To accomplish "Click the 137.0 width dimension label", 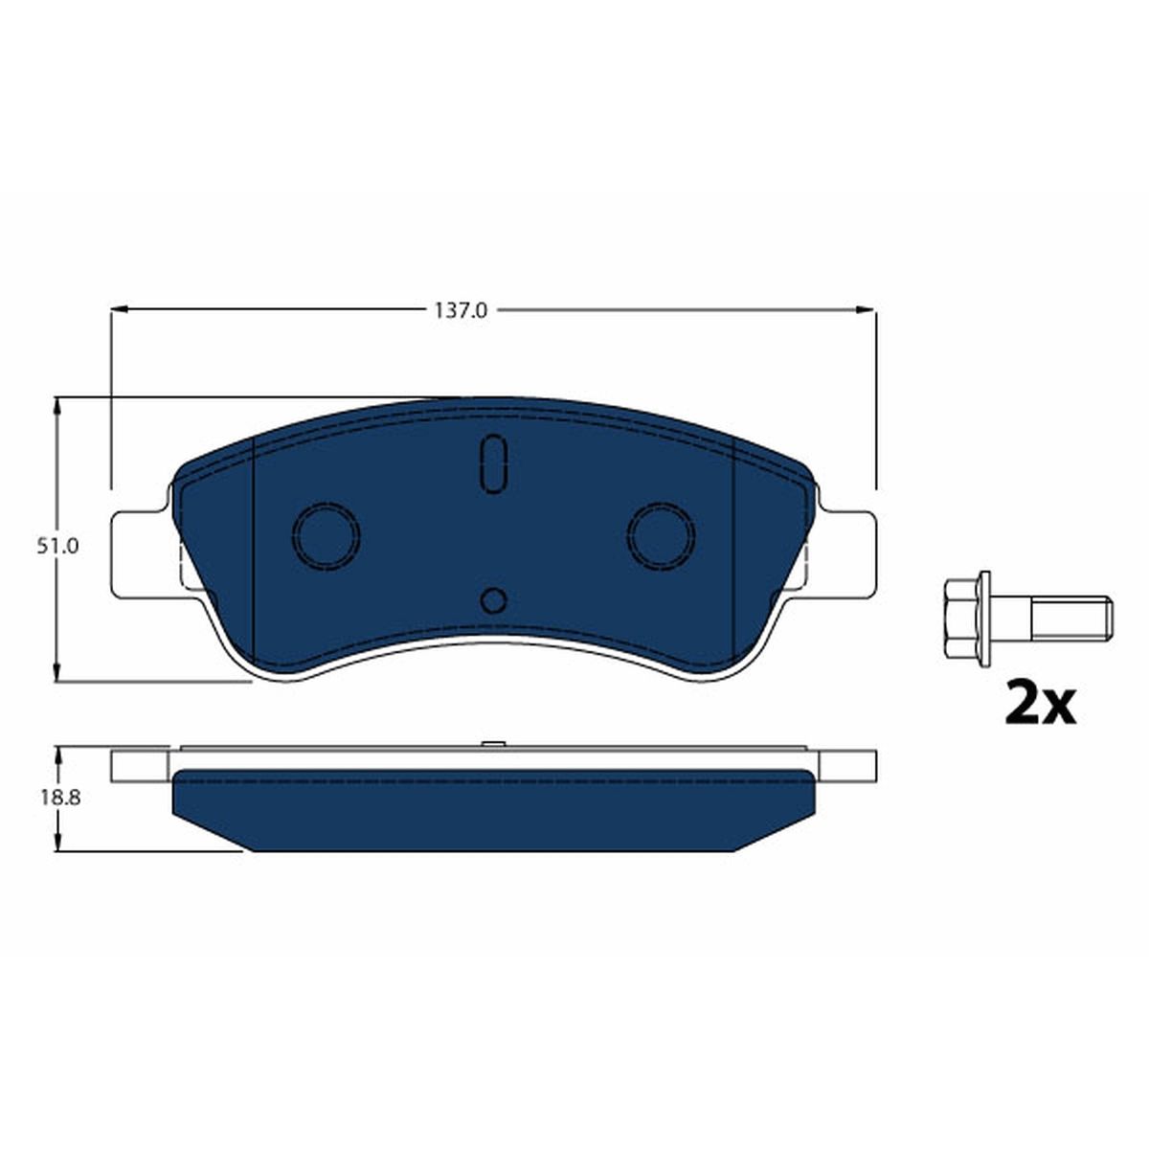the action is [x=460, y=310].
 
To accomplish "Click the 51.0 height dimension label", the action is [x=57, y=546].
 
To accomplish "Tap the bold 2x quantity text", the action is [x=1040, y=704].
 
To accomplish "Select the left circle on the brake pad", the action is [x=327, y=534].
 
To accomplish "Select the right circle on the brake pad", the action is [x=662, y=534].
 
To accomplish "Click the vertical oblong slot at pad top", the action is [x=494, y=463].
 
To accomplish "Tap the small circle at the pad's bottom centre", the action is [x=494, y=601].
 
